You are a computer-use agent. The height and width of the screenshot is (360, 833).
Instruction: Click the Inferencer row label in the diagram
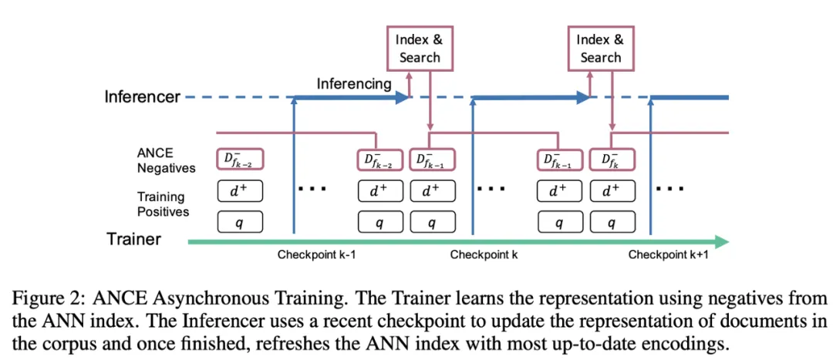tap(143, 97)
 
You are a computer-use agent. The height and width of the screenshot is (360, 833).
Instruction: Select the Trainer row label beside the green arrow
tap(133, 239)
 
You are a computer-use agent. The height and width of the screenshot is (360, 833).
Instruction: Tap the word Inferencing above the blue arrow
tap(354, 83)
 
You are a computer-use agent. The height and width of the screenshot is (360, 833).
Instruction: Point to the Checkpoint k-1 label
tap(317, 255)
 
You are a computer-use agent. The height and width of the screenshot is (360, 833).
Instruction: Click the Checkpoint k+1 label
tap(668, 255)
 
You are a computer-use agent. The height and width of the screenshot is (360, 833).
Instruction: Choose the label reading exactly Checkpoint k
tap(484, 255)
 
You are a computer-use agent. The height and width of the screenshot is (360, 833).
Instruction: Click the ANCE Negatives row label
tap(166, 161)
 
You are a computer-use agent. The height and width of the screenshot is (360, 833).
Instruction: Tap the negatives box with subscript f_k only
tap(612, 160)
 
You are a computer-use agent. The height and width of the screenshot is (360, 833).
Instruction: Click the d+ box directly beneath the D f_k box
tap(612, 190)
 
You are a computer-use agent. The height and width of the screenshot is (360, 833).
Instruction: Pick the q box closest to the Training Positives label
tap(240, 222)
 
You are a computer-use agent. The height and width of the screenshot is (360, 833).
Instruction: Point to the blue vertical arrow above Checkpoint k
tap(472, 166)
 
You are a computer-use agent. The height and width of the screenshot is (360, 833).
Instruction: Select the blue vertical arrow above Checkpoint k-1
tap(294, 166)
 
